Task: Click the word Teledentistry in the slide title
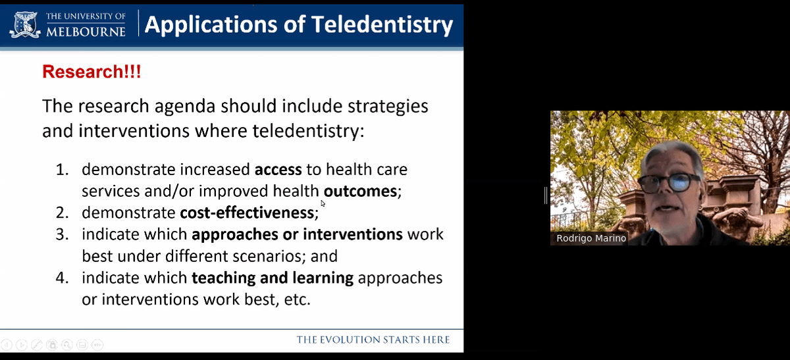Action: [x=382, y=25]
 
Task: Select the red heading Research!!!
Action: [x=92, y=72]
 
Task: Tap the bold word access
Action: [x=278, y=170]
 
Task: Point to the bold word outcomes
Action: [x=361, y=191]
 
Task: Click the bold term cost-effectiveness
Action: [x=247, y=213]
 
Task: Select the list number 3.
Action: [x=62, y=234]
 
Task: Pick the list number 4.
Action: [x=62, y=278]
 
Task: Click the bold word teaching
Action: [x=223, y=278]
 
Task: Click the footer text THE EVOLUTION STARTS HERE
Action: [x=373, y=340]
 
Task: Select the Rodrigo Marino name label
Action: [x=591, y=238]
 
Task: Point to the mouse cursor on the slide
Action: [x=323, y=203]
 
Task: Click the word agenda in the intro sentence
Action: [x=185, y=107]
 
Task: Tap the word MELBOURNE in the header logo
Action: [x=86, y=32]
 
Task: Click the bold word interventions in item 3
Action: [x=353, y=234]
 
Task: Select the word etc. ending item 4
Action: [x=298, y=299]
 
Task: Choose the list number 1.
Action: [x=62, y=170]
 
